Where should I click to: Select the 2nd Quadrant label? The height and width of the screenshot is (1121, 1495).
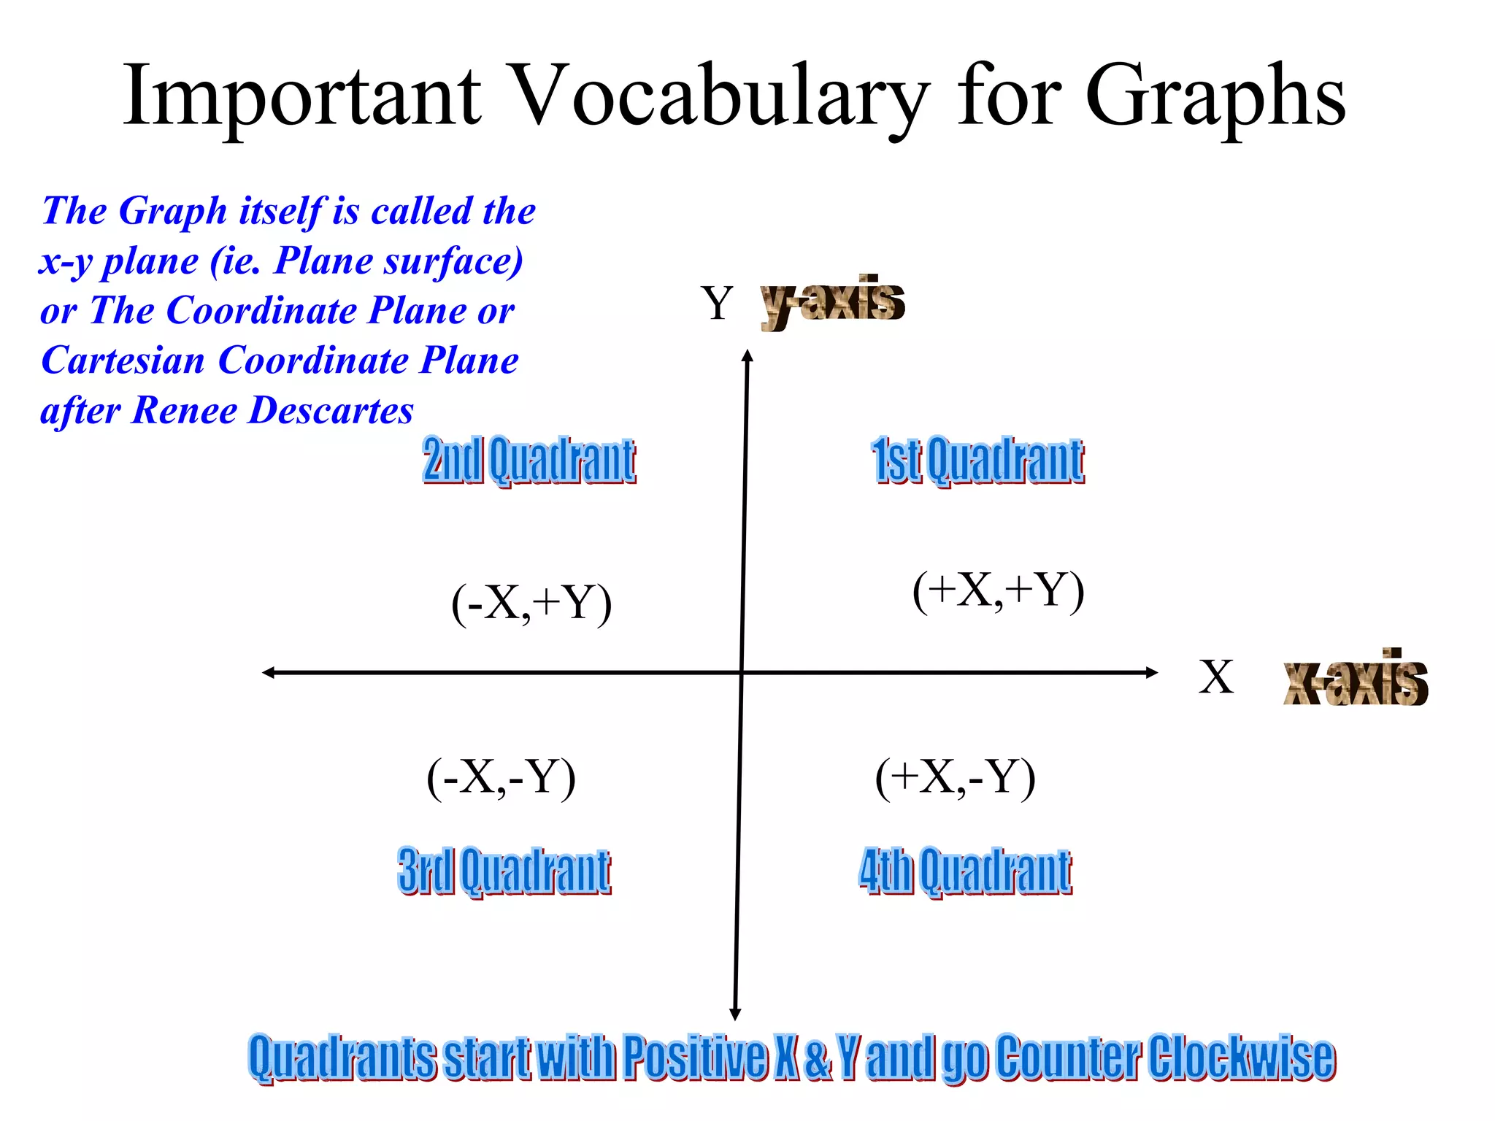click(x=529, y=460)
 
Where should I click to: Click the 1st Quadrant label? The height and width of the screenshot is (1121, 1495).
click(x=977, y=460)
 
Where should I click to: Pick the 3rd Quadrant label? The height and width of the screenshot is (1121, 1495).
click(x=504, y=870)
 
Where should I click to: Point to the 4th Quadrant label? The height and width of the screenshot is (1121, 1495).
click(x=965, y=870)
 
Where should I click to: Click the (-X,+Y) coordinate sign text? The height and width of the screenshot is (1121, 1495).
click(x=531, y=603)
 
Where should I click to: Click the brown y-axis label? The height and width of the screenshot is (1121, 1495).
click(x=833, y=301)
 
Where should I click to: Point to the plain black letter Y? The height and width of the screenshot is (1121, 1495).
click(x=717, y=302)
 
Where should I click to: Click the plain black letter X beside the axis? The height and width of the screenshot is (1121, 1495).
click(x=1216, y=677)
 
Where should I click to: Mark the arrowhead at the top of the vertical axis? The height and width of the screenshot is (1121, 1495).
click(x=747, y=355)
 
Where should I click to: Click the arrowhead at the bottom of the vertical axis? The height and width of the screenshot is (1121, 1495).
click(x=735, y=1014)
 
